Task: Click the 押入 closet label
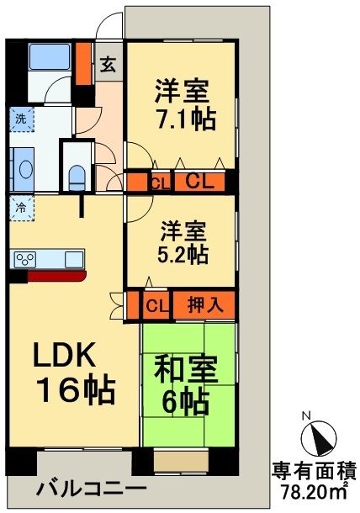tap(204, 304)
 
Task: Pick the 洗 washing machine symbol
tap(19, 119)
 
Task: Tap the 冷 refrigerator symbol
tap(19, 204)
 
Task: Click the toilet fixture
tap(77, 175)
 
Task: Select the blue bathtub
tap(49, 58)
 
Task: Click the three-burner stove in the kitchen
tap(24, 259)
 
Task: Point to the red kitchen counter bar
tap(56, 275)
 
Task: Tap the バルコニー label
tap(92, 489)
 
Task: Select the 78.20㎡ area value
tap(312, 490)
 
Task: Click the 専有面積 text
tap(312, 471)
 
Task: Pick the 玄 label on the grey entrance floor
tap(109, 66)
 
